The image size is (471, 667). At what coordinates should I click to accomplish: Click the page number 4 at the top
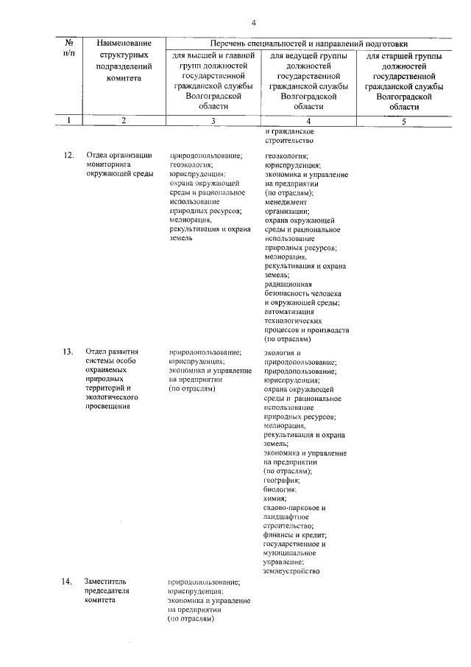[x=252, y=23]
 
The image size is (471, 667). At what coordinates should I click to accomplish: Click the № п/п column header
[x=68, y=49]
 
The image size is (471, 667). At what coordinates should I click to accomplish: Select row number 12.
[x=68, y=156]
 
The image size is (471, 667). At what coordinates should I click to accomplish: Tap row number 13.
[x=68, y=352]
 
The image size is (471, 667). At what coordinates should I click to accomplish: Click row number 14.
[x=68, y=582]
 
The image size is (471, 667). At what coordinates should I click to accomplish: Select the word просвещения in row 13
[x=110, y=406]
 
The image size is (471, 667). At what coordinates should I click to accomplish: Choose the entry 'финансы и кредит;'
[x=295, y=534]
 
